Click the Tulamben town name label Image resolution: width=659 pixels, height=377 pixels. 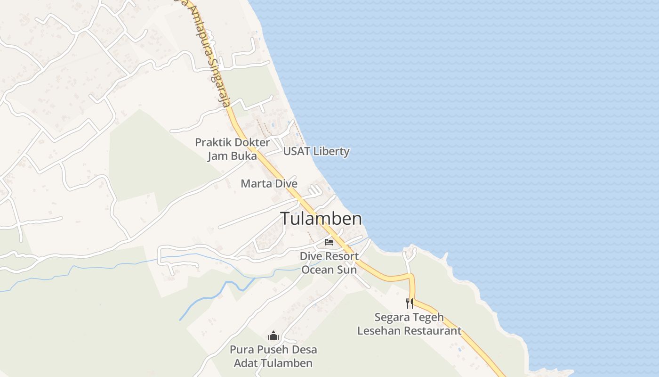pos(321,219)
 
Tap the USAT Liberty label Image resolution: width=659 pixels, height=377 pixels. pos(316,151)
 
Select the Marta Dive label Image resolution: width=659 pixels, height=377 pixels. pos(269,183)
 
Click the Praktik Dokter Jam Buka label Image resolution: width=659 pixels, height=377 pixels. pos(233,149)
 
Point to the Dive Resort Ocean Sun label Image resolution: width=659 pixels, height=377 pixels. pos(329,263)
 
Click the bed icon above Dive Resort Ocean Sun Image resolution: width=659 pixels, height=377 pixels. pos(329,242)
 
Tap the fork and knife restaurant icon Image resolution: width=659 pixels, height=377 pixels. pos(410,303)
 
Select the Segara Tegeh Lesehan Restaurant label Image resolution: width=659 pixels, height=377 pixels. pos(409,324)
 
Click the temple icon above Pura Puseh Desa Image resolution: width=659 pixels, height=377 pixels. pos(273,336)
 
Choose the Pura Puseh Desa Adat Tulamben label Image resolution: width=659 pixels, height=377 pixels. pos(273,356)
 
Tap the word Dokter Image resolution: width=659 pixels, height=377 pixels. pos(252,142)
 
